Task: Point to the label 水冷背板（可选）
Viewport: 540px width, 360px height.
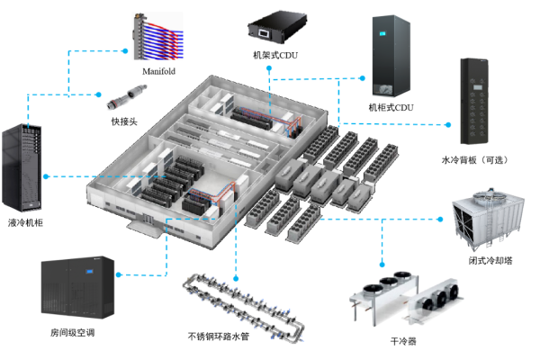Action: coord(474,159)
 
